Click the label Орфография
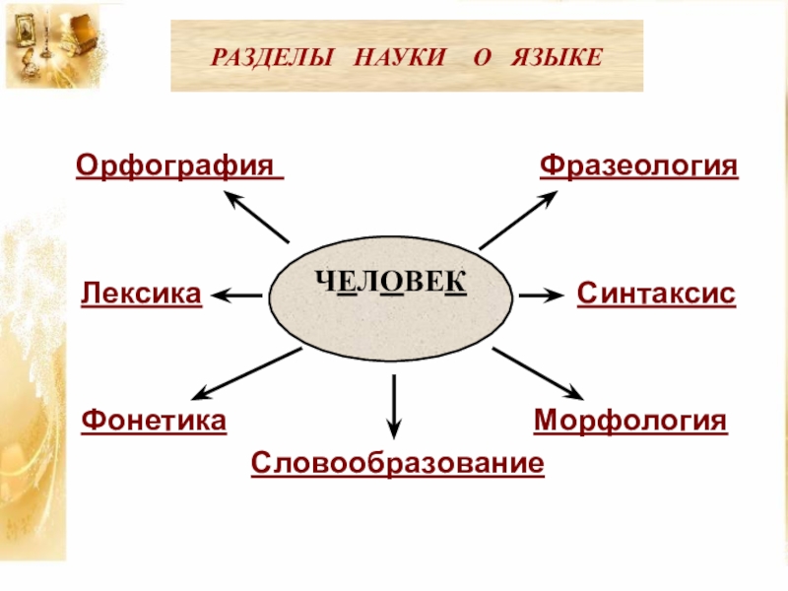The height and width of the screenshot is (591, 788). tap(178, 165)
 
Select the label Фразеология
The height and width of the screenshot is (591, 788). tap(638, 165)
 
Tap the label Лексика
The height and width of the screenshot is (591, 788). tap(142, 294)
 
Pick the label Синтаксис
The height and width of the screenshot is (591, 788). tap(656, 294)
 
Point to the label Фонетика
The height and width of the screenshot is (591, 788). tap(154, 422)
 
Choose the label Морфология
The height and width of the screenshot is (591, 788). tap(630, 422)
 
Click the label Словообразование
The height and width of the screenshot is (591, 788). tap(397, 463)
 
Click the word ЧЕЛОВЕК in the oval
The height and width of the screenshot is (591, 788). tap(390, 284)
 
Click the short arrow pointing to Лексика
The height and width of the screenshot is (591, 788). tap(236, 294)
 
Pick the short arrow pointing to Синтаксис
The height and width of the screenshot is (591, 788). tap(540, 294)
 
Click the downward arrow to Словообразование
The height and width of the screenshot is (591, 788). tap(393, 406)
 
